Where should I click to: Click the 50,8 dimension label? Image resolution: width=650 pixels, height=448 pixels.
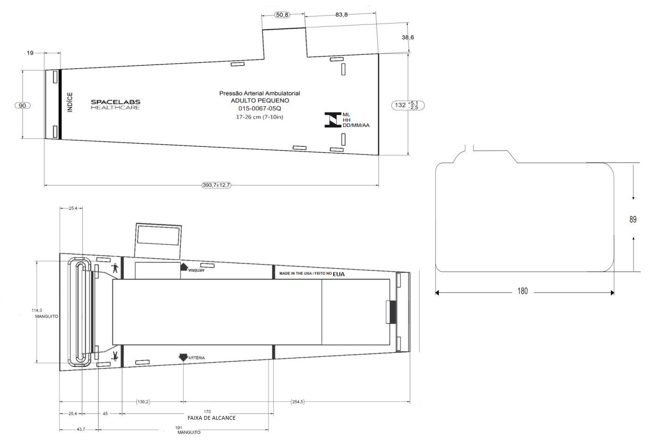[x=282, y=15]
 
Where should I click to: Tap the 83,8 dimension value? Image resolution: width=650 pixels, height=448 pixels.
[x=342, y=15]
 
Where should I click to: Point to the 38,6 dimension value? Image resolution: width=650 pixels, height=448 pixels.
[x=408, y=37]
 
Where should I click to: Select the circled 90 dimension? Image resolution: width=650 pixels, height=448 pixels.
[x=22, y=105]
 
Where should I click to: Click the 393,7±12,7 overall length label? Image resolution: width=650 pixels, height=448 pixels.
[x=216, y=185]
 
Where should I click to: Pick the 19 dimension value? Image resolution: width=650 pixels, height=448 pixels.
[x=30, y=53]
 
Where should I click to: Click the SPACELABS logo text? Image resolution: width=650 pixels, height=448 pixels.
[x=115, y=102]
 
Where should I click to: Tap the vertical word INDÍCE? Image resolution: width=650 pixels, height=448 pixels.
[x=70, y=102]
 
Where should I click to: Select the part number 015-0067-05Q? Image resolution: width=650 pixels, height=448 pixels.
[x=260, y=108]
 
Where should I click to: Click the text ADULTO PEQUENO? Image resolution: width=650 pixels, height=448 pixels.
[x=260, y=101]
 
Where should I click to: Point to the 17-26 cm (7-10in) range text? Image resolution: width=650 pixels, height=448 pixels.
[x=259, y=117]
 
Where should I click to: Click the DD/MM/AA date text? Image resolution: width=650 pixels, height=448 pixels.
[x=356, y=125]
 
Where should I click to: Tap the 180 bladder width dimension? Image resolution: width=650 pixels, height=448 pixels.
[x=522, y=291]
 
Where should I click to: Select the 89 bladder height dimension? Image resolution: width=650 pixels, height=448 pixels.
[x=633, y=220]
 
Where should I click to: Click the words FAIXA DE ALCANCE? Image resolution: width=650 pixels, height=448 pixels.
[x=212, y=418]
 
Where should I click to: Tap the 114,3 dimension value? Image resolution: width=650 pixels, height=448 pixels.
[x=37, y=311]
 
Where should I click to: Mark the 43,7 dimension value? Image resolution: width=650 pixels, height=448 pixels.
[x=81, y=429]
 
